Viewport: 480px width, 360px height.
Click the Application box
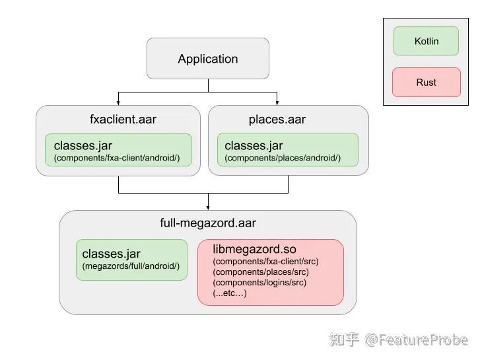click(x=207, y=59)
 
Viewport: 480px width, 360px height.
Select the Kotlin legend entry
click(x=426, y=41)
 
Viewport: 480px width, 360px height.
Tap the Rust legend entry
click(x=426, y=83)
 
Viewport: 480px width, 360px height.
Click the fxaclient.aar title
click(x=123, y=120)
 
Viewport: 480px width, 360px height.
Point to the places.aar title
click(x=277, y=120)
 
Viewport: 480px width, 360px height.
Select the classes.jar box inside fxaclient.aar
click(x=118, y=150)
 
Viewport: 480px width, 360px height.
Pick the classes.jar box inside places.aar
click(x=287, y=150)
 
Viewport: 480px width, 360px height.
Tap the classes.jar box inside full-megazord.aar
click(x=131, y=259)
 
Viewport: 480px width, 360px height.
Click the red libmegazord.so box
click(x=270, y=271)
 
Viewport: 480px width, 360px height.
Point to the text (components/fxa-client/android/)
click(x=117, y=159)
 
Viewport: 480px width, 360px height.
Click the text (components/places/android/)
click(x=283, y=159)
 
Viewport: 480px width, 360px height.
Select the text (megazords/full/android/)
click(x=131, y=267)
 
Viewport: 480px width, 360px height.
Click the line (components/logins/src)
click(x=259, y=282)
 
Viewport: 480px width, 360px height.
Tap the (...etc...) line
click(x=230, y=293)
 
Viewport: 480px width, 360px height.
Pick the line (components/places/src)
click(x=261, y=271)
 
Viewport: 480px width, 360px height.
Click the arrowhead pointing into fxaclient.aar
click(x=118, y=102)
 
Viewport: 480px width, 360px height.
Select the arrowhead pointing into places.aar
click(x=277, y=102)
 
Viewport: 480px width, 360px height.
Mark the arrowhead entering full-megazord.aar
click(x=208, y=207)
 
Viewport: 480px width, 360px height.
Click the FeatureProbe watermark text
click(x=417, y=340)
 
